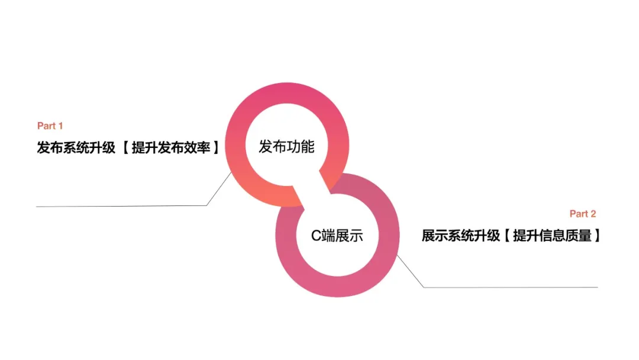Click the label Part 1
tap(50, 126)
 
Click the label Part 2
tap(583, 214)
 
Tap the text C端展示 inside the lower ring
tap(337, 236)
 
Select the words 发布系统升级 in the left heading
tap(76, 148)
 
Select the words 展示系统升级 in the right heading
tap(461, 236)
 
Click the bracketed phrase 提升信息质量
tap(552, 236)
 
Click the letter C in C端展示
tap(316, 236)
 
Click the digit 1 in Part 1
tap(60, 126)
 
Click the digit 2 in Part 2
tap(593, 214)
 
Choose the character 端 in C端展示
tap(328, 236)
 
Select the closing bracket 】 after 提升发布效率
tap(215, 148)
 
